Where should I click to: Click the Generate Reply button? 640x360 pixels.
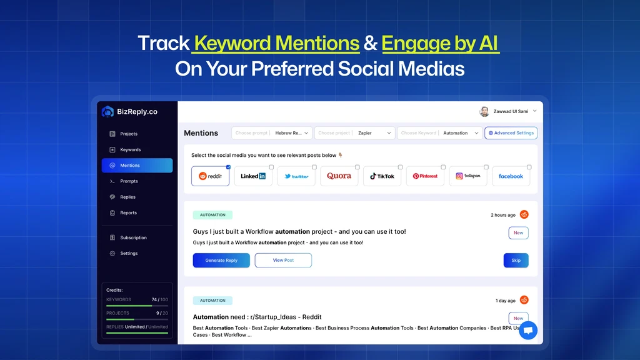pos(221,260)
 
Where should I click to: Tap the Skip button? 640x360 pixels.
pos(516,260)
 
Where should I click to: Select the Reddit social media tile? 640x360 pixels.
pos(210,176)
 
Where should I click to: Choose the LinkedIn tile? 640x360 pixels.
pos(253,176)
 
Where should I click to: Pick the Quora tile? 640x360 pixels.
pos(339,176)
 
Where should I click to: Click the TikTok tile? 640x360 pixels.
pos(382,176)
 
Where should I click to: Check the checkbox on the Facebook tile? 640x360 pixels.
pos(529,167)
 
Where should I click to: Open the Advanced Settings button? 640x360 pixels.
pos(511,132)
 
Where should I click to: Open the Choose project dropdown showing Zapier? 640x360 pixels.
pos(355,132)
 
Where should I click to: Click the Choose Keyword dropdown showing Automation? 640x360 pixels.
pos(439,132)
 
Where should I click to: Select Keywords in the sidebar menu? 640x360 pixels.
pos(130,149)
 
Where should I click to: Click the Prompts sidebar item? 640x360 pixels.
pos(129,181)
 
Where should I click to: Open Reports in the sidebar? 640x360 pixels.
pos(128,212)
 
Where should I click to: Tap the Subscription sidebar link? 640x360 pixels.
pos(133,237)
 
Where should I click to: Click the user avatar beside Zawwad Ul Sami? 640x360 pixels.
pos(484,111)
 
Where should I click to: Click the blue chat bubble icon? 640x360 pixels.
pos(528,330)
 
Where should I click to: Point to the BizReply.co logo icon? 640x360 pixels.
pos(107,111)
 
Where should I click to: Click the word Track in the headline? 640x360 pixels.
pos(164,43)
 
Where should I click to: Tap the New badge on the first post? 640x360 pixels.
pos(518,232)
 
